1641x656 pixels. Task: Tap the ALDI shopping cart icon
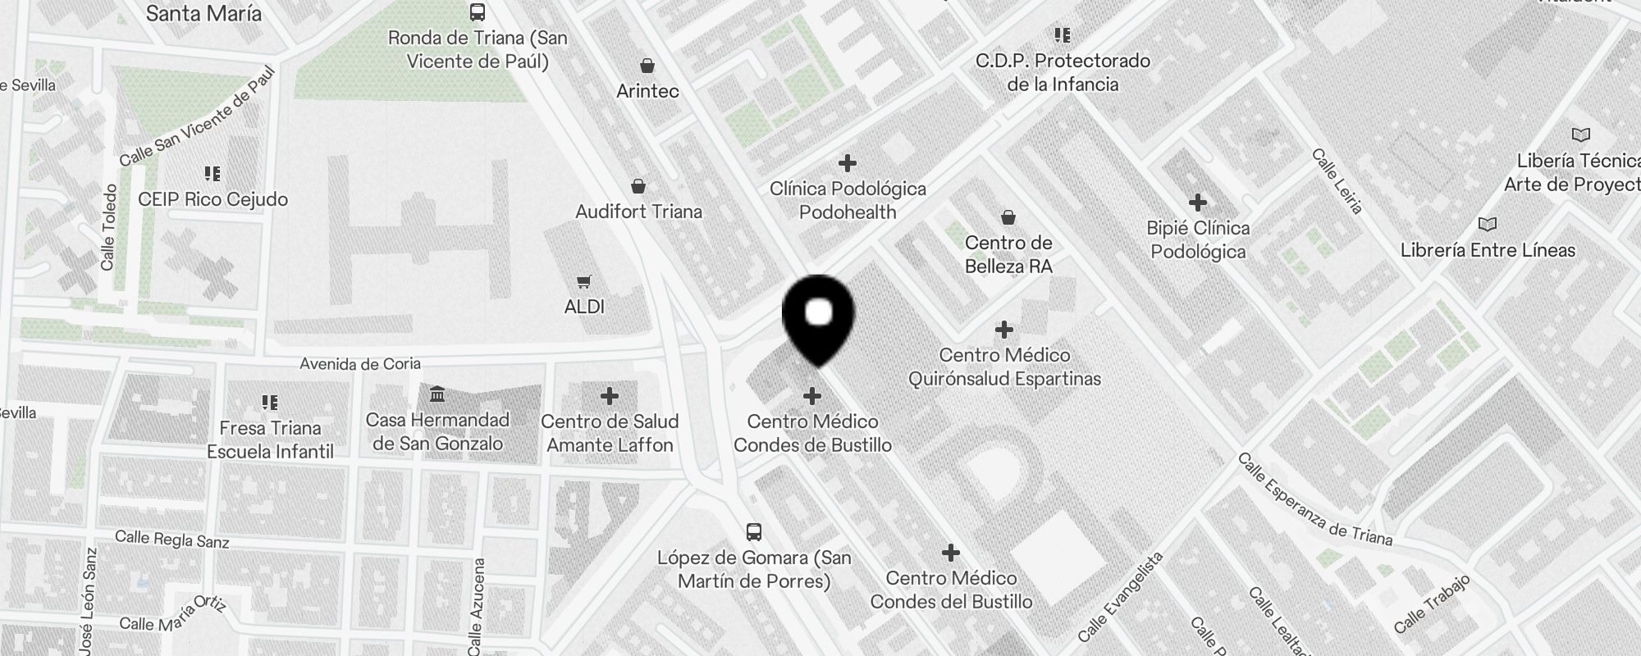click(x=583, y=282)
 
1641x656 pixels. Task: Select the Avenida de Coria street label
click(x=360, y=363)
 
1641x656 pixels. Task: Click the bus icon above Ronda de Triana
click(x=477, y=12)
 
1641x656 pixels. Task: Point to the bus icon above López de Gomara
click(x=754, y=532)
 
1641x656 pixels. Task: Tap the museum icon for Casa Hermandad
click(x=437, y=395)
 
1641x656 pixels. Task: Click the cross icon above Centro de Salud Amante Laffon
click(x=609, y=396)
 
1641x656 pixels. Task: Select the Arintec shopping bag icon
click(x=647, y=66)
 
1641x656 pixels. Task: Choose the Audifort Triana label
click(x=638, y=212)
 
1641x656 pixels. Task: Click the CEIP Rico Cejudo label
click(x=213, y=199)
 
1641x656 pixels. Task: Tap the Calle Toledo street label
click(x=108, y=227)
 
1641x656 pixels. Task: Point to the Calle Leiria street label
click(x=1337, y=181)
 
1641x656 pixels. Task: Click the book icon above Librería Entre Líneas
click(x=1487, y=224)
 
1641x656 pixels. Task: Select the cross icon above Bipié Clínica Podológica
click(x=1198, y=202)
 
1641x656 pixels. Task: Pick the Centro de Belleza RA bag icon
click(x=1008, y=217)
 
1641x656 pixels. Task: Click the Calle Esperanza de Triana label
click(x=1314, y=499)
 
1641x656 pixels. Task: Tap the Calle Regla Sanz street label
click(x=172, y=539)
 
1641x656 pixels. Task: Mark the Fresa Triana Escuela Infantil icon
click(x=270, y=402)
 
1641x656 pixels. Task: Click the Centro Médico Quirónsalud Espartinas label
click(x=1004, y=367)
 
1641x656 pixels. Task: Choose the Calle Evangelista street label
click(x=1121, y=596)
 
